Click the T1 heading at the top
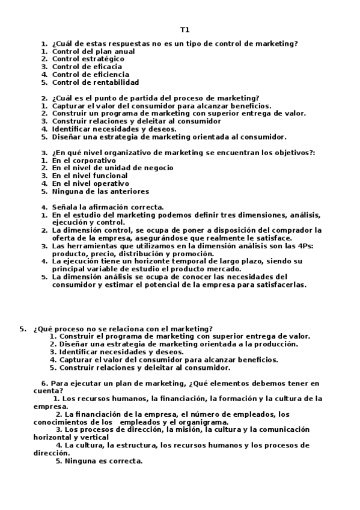[x=185, y=29]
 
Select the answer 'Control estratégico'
[x=88, y=59]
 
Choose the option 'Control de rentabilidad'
[x=96, y=82]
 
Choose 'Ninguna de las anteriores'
[x=100, y=192]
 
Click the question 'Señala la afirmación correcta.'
[x=108, y=207]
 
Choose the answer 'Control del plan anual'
[x=93, y=51]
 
